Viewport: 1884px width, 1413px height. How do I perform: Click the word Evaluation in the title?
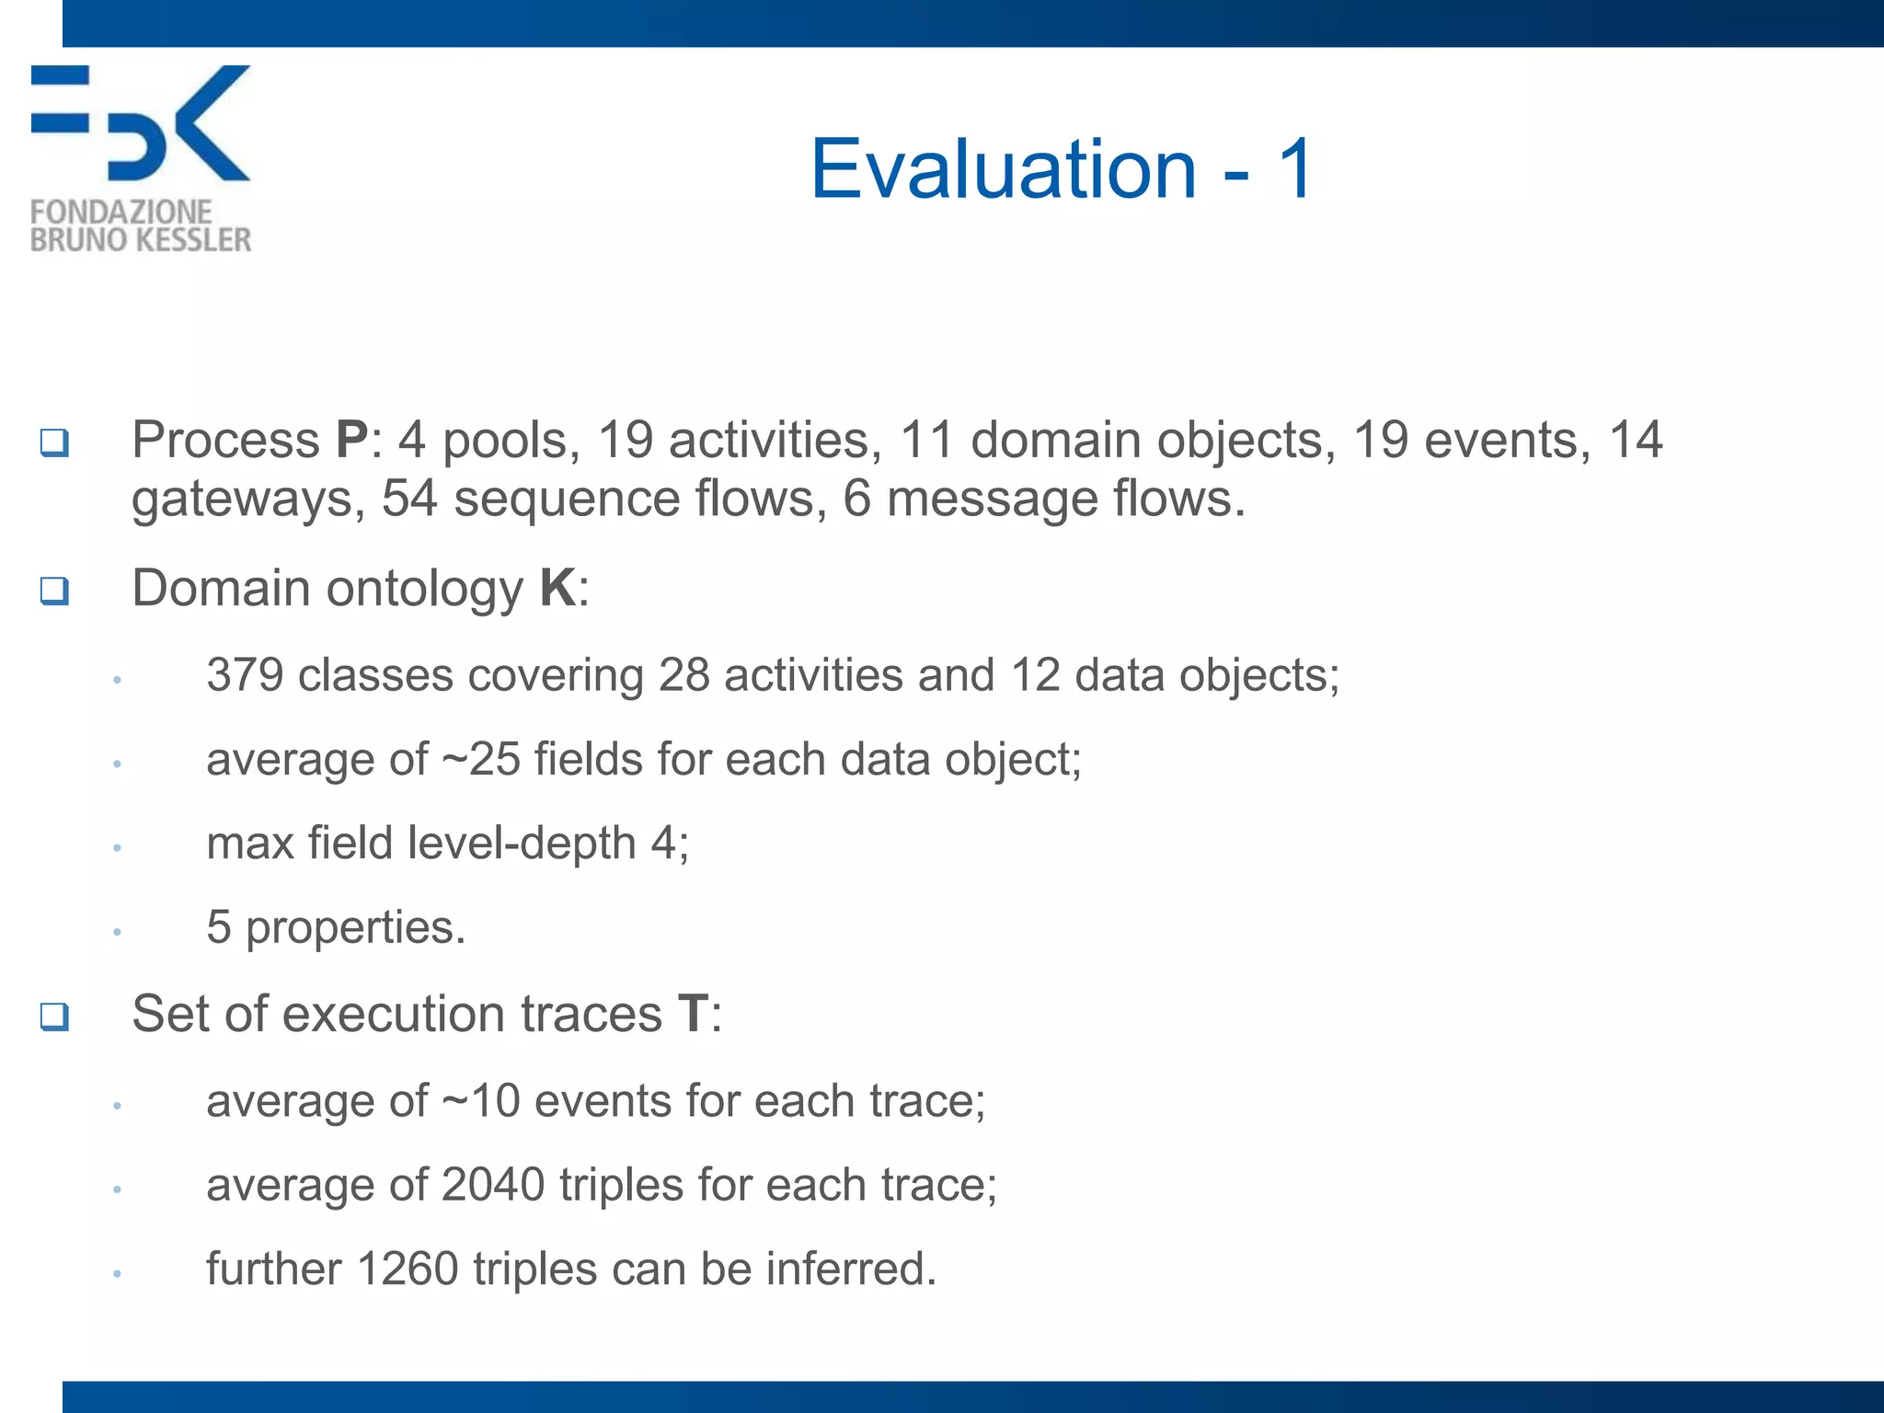(x=1003, y=168)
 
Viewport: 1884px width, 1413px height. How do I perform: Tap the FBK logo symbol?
(x=141, y=122)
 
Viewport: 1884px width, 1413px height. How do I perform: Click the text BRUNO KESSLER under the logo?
(x=141, y=240)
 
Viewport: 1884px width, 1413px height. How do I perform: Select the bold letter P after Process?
(x=352, y=440)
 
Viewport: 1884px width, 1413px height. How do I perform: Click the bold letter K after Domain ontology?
(x=558, y=588)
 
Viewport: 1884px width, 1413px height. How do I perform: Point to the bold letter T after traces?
(x=693, y=1014)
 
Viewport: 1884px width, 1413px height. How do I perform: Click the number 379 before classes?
(x=245, y=675)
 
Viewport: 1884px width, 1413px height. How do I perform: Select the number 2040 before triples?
(x=493, y=1185)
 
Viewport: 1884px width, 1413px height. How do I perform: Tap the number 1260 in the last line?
(x=407, y=1269)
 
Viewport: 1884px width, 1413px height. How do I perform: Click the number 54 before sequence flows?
(x=408, y=499)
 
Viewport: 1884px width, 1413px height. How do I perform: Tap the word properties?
(x=355, y=928)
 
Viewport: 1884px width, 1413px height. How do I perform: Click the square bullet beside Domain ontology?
(x=54, y=590)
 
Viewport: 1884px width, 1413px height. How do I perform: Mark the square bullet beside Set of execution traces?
(x=54, y=1017)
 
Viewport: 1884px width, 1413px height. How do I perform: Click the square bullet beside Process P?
(x=54, y=442)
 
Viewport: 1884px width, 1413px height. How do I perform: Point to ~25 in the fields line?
(x=481, y=760)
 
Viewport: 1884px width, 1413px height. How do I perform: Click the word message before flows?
(x=992, y=500)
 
